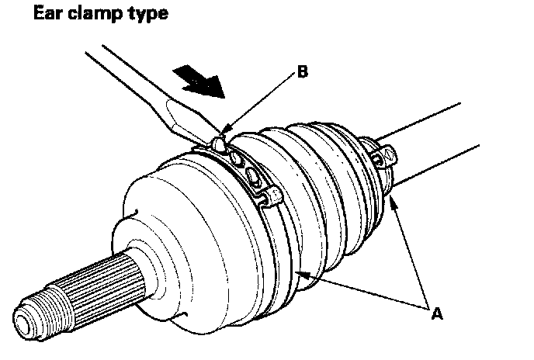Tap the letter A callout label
[x=437, y=314]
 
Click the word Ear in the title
[x=30, y=14]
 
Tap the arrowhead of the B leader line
[x=225, y=127]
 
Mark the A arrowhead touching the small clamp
[x=394, y=200]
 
